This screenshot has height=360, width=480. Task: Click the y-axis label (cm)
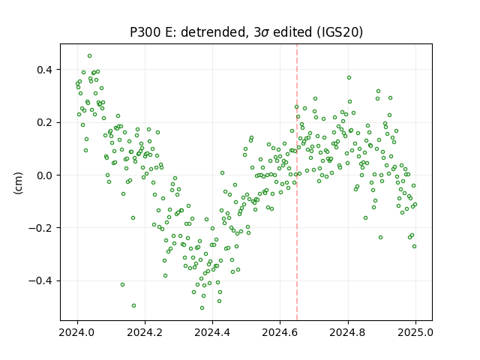[x=18, y=183]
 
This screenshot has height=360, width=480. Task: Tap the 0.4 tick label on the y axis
[x=45, y=70]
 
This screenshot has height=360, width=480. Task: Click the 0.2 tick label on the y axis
[x=45, y=122]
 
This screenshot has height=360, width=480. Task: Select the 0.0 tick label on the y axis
[x=45, y=175]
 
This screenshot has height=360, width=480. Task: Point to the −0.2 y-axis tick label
[x=40, y=228]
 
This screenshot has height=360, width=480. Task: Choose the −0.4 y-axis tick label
[x=40, y=280]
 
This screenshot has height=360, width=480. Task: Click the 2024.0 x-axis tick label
[x=77, y=332]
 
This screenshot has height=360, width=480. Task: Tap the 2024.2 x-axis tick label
[x=145, y=332]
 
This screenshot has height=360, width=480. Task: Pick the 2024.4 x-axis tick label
[x=212, y=332]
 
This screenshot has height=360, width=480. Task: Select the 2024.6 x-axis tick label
[x=280, y=332]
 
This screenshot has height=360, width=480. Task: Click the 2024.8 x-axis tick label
[x=348, y=332]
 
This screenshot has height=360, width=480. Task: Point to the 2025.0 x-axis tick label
[x=415, y=332]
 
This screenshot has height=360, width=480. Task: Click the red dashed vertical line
[x=297, y=182]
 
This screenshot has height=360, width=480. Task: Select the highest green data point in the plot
[x=89, y=56]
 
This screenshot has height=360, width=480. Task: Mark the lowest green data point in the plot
[x=202, y=307]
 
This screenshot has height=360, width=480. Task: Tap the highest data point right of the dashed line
[x=349, y=78]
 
